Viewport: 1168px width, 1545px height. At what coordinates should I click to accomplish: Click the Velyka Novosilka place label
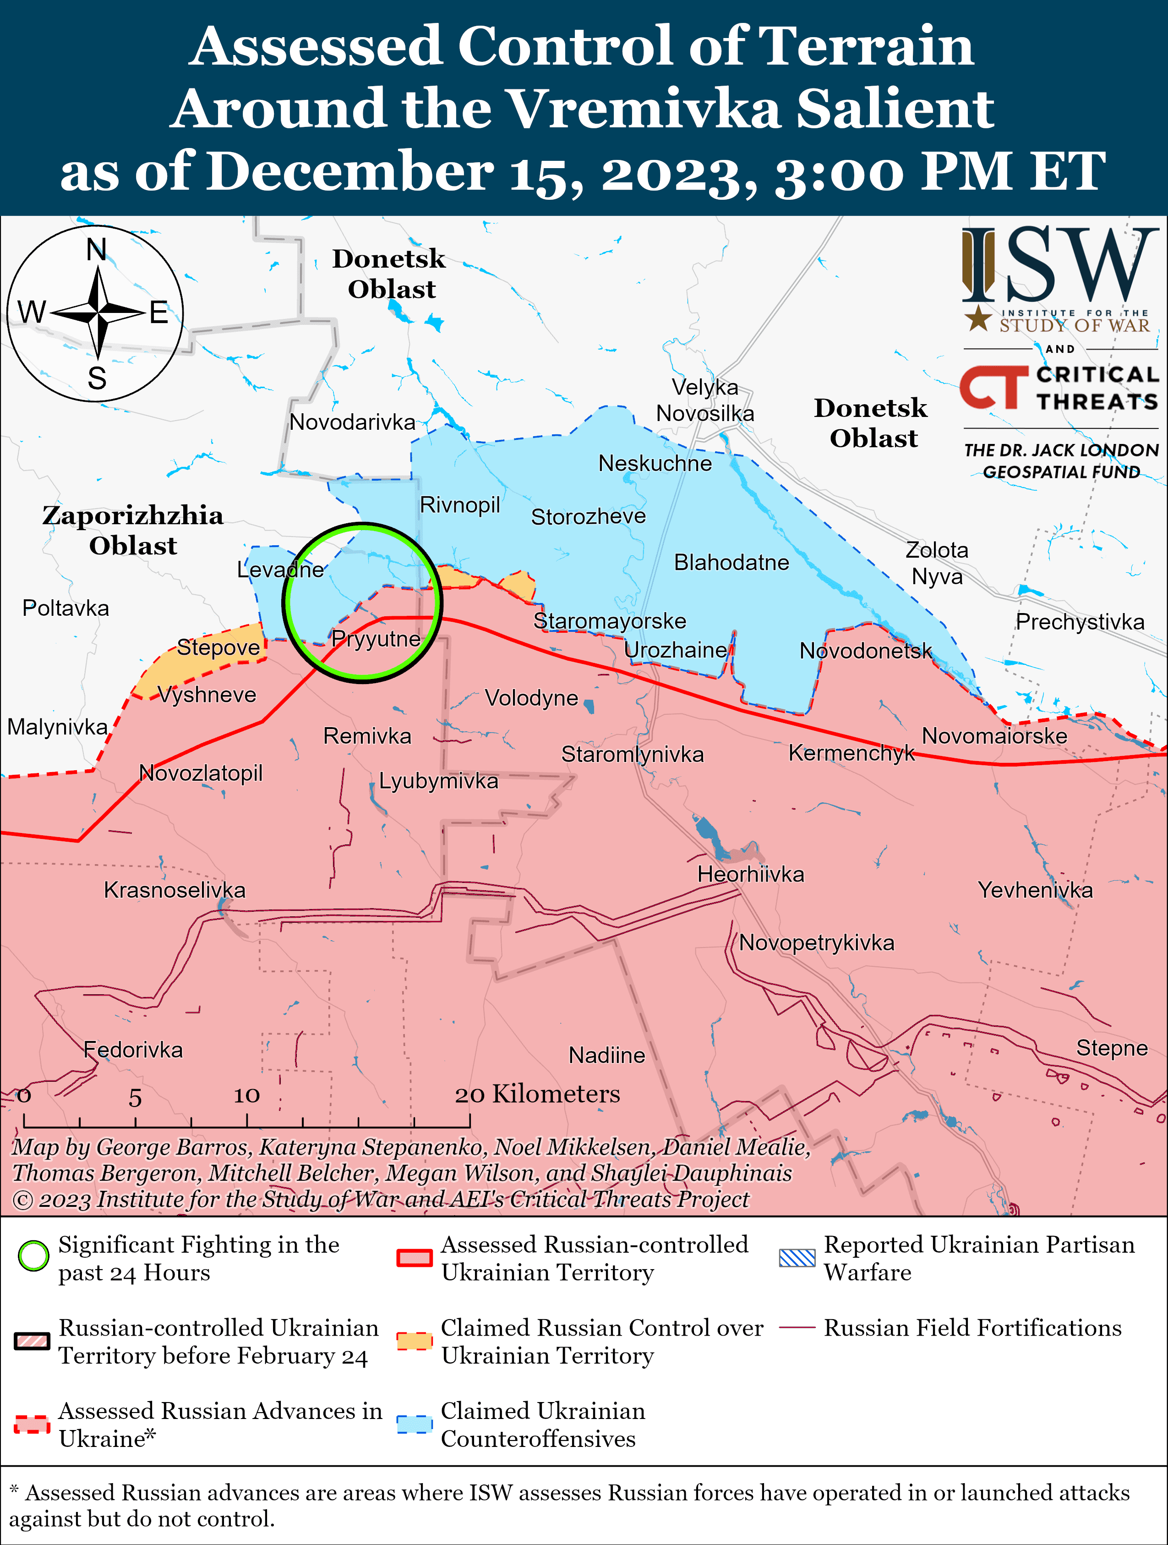tap(704, 400)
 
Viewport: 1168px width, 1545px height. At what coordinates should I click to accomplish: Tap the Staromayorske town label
tap(610, 621)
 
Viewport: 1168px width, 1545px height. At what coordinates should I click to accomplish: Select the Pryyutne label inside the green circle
tap(376, 638)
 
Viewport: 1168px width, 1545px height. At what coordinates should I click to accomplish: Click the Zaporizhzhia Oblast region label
tap(133, 530)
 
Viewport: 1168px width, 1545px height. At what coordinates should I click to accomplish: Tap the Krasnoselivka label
tap(175, 890)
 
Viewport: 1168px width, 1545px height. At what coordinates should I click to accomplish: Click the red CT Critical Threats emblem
tap(993, 387)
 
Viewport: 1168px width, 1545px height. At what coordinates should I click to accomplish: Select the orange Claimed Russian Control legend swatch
tap(414, 1341)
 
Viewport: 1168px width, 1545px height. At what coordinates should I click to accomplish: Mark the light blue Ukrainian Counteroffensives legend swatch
tap(414, 1424)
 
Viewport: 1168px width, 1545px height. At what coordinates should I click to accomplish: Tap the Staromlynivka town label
tap(633, 754)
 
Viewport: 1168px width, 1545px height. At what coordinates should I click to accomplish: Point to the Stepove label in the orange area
tap(218, 647)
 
